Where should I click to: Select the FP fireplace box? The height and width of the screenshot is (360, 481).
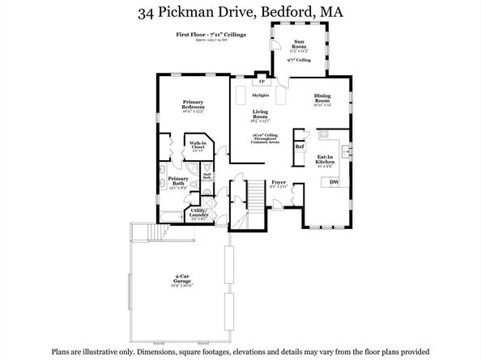[x=261, y=82]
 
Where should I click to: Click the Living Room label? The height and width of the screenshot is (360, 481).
[x=260, y=114]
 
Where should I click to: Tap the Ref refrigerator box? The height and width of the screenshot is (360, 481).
[x=299, y=146]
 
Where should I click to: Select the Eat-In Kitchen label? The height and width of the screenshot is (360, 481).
[x=326, y=159]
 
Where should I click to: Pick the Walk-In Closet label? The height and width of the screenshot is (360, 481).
[x=197, y=146]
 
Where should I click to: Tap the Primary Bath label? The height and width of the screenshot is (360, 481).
[x=178, y=181]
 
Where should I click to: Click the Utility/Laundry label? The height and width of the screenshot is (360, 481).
[x=199, y=213]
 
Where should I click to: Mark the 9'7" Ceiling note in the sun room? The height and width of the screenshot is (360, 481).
[x=298, y=60]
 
